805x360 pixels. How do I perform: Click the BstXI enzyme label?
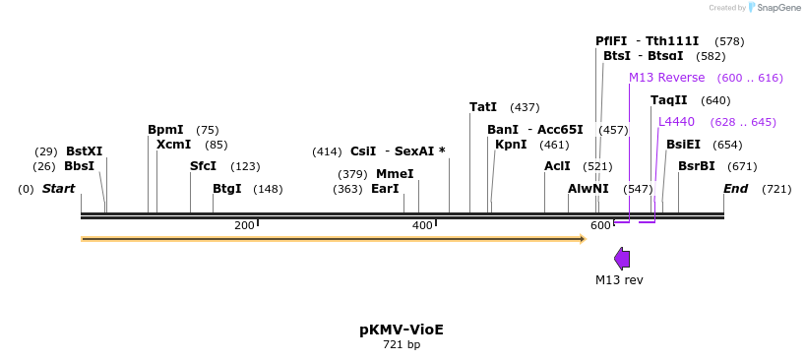(84, 151)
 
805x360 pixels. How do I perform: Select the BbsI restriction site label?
(79, 166)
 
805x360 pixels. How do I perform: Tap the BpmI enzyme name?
(165, 130)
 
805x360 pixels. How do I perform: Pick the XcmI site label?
(173, 145)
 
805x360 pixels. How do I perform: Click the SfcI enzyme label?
(203, 166)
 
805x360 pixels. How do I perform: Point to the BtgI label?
(226, 189)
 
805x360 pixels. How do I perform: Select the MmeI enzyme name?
(395, 174)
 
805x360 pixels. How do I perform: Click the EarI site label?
(385, 189)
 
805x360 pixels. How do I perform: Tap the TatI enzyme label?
(483, 107)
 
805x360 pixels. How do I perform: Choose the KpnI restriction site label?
(511, 145)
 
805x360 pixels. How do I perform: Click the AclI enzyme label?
(557, 166)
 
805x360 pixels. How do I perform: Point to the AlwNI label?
(588, 189)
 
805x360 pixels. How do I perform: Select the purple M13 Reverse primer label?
(666, 78)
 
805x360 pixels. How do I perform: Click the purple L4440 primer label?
(676, 122)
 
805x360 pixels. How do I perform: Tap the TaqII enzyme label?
(669, 100)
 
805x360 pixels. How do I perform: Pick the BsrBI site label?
(697, 166)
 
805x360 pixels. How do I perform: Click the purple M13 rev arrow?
(622, 259)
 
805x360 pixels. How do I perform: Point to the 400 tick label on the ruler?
(422, 226)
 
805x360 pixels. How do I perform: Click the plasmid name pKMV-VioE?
(402, 330)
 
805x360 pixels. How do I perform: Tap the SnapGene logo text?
(778, 8)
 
